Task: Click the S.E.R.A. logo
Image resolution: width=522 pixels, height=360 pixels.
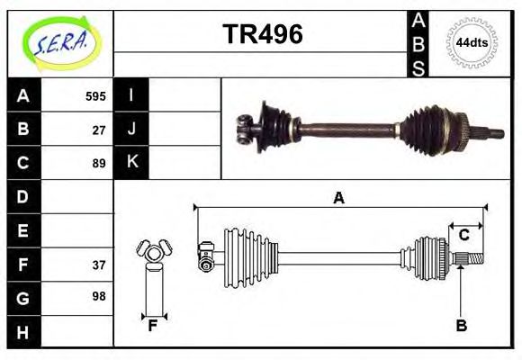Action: click(x=59, y=40)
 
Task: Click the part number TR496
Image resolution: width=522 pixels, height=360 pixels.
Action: click(x=262, y=34)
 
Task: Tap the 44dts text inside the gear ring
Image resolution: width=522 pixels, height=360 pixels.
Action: click(x=472, y=42)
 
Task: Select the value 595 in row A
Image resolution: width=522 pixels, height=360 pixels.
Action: click(x=95, y=95)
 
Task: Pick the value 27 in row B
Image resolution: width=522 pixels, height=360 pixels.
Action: click(x=99, y=129)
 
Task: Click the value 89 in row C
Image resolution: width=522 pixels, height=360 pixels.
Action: click(x=99, y=163)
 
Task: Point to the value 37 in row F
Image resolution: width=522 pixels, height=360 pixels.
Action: click(x=99, y=265)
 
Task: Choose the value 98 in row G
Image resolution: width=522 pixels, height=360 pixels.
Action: click(x=99, y=295)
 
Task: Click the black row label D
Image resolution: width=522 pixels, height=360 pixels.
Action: click(x=22, y=195)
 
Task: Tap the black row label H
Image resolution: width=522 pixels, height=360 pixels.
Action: click(x=22, y=332)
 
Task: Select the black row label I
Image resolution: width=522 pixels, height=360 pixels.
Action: click(x=131, y=95)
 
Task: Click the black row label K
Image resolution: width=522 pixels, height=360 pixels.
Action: click(x=131, y=163)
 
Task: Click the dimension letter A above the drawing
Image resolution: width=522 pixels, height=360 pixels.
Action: click(x=338, y=198)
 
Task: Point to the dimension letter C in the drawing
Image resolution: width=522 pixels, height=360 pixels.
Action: click(x=463, y=235)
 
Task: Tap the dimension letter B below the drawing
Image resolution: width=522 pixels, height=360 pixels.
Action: click(x=461, y=326)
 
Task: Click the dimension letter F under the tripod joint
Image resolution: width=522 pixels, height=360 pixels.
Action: click(x=153, y=326)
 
